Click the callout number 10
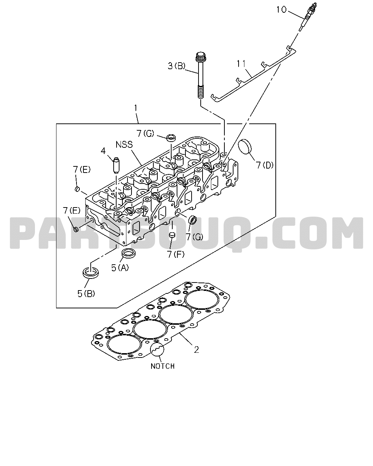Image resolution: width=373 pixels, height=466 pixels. (281, 10)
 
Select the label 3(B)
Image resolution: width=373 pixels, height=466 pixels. (176, 66)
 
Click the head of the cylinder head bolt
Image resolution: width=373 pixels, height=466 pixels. (201, 57)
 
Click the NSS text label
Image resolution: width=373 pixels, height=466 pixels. (124, 145)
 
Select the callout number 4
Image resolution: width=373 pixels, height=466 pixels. (103, 151)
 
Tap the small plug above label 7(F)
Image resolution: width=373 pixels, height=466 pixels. (172, 234)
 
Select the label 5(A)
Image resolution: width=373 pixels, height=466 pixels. (120, 268)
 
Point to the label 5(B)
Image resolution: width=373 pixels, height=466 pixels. (86, 294)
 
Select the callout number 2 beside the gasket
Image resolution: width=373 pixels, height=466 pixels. (196, 350)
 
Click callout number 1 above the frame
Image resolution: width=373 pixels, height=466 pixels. (136, 108)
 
